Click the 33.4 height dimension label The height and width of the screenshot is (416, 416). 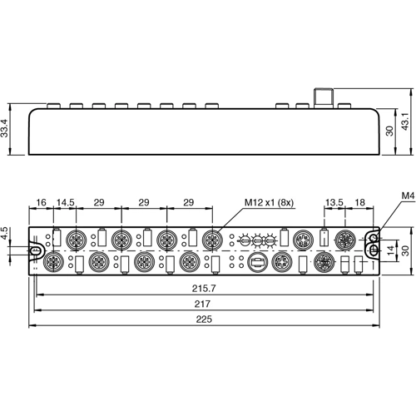coord(7,128)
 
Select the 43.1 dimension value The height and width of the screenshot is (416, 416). coord(407,120)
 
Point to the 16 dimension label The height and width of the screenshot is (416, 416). coord(42,202)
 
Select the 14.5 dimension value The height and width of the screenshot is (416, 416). coord(64,202)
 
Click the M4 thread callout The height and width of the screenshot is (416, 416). coord(407,196)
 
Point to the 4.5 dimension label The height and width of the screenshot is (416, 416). coord(7,234)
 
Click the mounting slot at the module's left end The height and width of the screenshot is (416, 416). coord(36,249)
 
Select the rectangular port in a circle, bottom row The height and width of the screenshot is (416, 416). coord(256,262)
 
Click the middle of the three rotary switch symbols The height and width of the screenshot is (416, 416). coord(261,240)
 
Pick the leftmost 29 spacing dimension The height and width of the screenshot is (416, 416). coord(97,202)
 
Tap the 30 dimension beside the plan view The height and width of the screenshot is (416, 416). coord(407,250)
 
